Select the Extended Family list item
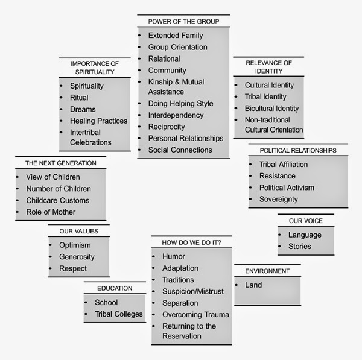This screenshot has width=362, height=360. point(176,36)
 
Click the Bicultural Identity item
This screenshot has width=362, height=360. point(271,108)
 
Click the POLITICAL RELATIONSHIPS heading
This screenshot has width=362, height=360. point(297,150)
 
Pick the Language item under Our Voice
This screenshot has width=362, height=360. point(305,235)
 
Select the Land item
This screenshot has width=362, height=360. point(253,285)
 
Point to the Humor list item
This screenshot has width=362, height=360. point(174,256)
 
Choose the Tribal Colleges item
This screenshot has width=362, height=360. point(119,314)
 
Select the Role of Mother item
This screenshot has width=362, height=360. point(51,212)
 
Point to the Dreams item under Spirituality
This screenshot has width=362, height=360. point(82,109)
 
